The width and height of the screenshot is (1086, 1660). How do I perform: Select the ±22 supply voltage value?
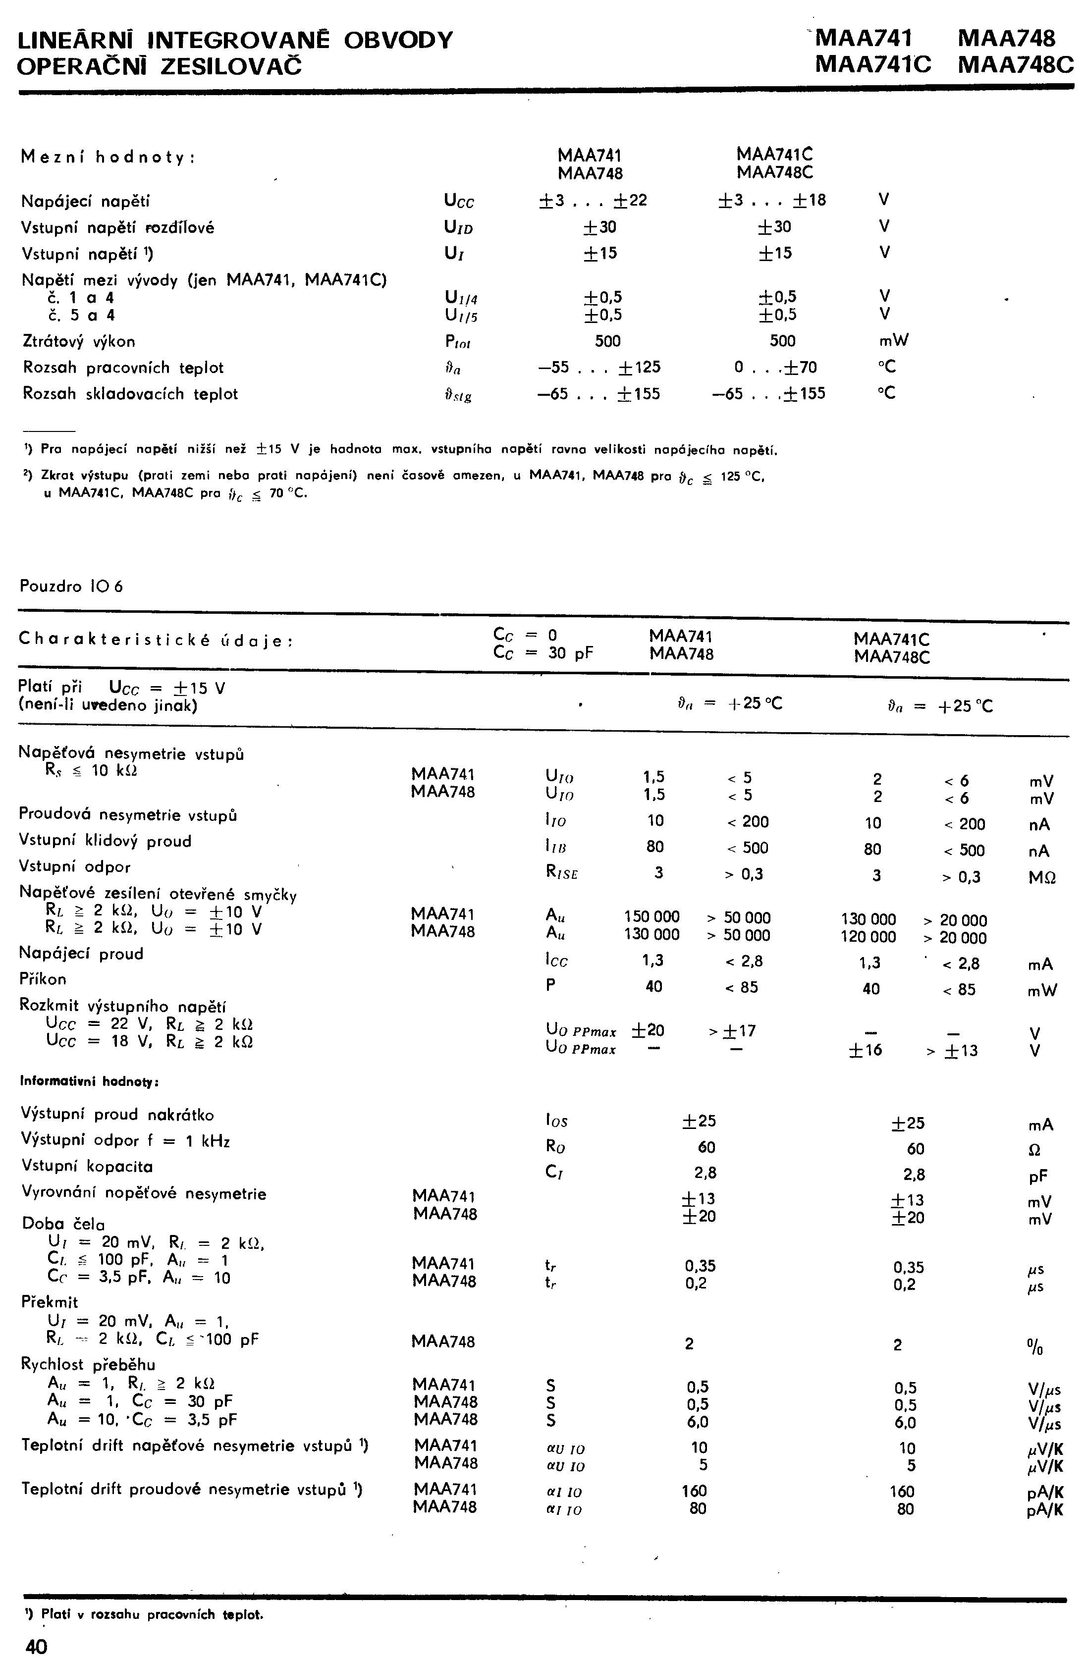coord(631,201)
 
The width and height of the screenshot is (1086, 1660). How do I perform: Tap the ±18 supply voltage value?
coord(809,201)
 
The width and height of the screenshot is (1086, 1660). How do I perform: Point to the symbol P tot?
coord(458,342)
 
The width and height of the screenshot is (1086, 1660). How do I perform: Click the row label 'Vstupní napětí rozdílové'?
coord(118,227)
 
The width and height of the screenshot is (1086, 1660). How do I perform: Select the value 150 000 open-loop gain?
coord(652,917)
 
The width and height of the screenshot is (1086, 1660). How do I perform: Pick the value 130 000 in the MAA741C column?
coord(869,919)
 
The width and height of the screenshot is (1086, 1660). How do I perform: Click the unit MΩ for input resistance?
coord(1042,877)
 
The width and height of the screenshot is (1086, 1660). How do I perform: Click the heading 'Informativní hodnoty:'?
coord(90,1082)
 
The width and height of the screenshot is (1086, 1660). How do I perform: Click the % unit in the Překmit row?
coord(1035,1344)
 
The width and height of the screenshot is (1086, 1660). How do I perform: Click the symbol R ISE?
coord(561,872)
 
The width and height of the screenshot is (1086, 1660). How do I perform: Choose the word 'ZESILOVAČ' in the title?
coord(231,66)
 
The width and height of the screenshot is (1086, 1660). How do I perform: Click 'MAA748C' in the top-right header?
coord(1016,65)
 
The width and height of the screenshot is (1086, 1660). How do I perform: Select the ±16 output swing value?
coord(866,1050)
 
